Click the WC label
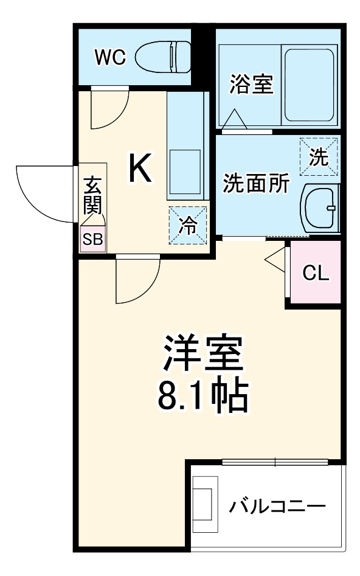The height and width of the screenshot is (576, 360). pos(109,58)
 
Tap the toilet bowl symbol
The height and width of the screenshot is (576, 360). pos(163,58)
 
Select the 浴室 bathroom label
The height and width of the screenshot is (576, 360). pos(251,85)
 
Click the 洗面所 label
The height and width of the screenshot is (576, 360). pos(256,183)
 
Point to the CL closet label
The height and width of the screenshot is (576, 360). pos(316,273)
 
